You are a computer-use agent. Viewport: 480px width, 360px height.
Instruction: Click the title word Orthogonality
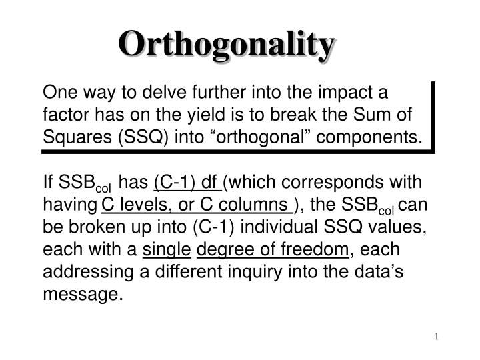pyautogui.click(x=227, y=45)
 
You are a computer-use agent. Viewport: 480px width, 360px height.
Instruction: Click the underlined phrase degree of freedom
pyautogui.click(x=273, y=249)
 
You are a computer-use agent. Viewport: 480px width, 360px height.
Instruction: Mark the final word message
pyautogui.click(x=83, y=294)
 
